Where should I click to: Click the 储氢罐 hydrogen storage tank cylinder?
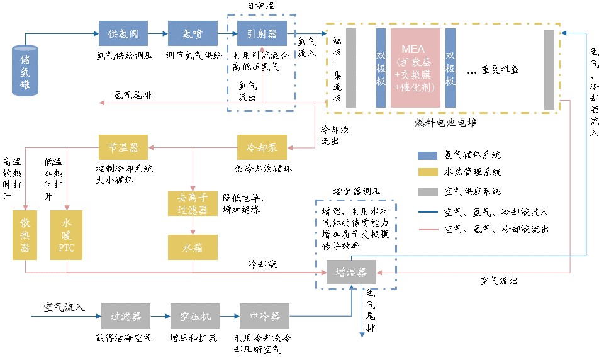[x=25, y=70]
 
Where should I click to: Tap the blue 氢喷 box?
[x=193, y=33]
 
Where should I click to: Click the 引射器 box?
[x=262, y=33]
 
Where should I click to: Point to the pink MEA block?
[x=415, y=67]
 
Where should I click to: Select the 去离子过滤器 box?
[x=193, y=203]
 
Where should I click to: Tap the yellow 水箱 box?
[x=193, y=247]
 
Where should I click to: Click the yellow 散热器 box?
[x=25, y=235]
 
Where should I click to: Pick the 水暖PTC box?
[x=67, y=235]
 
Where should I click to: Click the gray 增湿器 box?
[x=351, y=273]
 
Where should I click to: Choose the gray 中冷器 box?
[x=264, y=315]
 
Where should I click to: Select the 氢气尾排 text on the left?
[x=132, y=96]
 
